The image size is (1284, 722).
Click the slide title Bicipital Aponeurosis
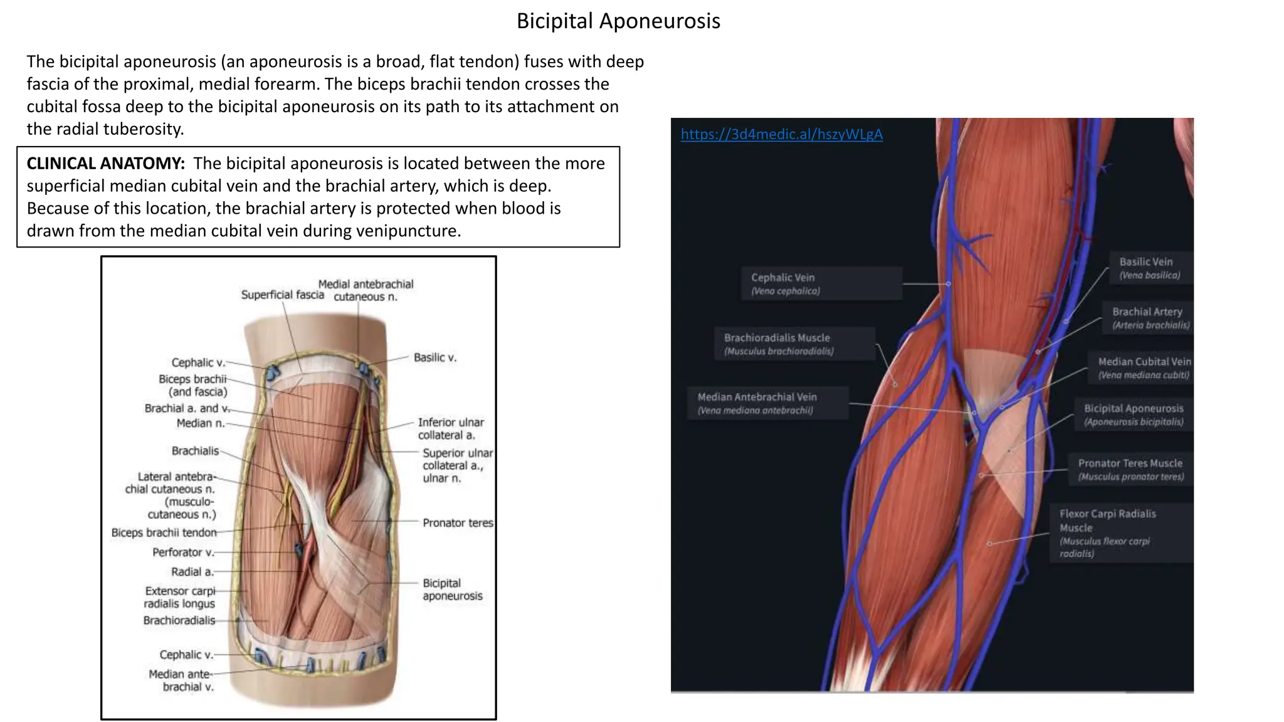point(618,21)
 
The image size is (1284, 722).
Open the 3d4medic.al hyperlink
point(781,134)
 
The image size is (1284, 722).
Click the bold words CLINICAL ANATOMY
point(105,164)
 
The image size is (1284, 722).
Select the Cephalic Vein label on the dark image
point(821,283)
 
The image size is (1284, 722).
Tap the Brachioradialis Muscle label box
point(794,343)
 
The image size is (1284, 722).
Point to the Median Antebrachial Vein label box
point(767,403)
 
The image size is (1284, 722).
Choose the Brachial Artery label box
point(1149,318)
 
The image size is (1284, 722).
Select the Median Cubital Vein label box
point(1143,368)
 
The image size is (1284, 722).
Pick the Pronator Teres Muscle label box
point(1130,469)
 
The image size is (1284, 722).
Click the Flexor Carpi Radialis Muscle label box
point(1120,533)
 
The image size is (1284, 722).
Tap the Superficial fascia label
point(282,295)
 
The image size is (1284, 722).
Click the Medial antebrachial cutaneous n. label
point(366,290)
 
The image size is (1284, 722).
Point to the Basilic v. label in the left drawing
point(435,357)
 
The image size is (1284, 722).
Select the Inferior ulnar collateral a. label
point(450,429)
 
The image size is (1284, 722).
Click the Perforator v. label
point(183,552)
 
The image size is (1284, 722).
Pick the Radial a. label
point(192,572)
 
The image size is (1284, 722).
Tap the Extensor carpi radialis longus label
point(179,597)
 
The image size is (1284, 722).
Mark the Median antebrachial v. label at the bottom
point(181,680)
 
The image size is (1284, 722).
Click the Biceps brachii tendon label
point(164,533)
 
